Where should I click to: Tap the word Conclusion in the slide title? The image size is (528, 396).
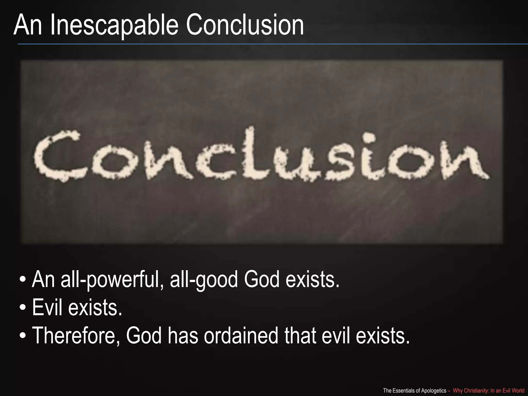244,25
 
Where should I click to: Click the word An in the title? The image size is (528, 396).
28,25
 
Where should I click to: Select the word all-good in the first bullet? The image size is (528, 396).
204,280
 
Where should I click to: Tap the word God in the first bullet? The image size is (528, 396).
262,280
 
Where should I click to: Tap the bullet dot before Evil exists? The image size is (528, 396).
23,308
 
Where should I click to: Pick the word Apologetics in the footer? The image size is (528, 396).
433,391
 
